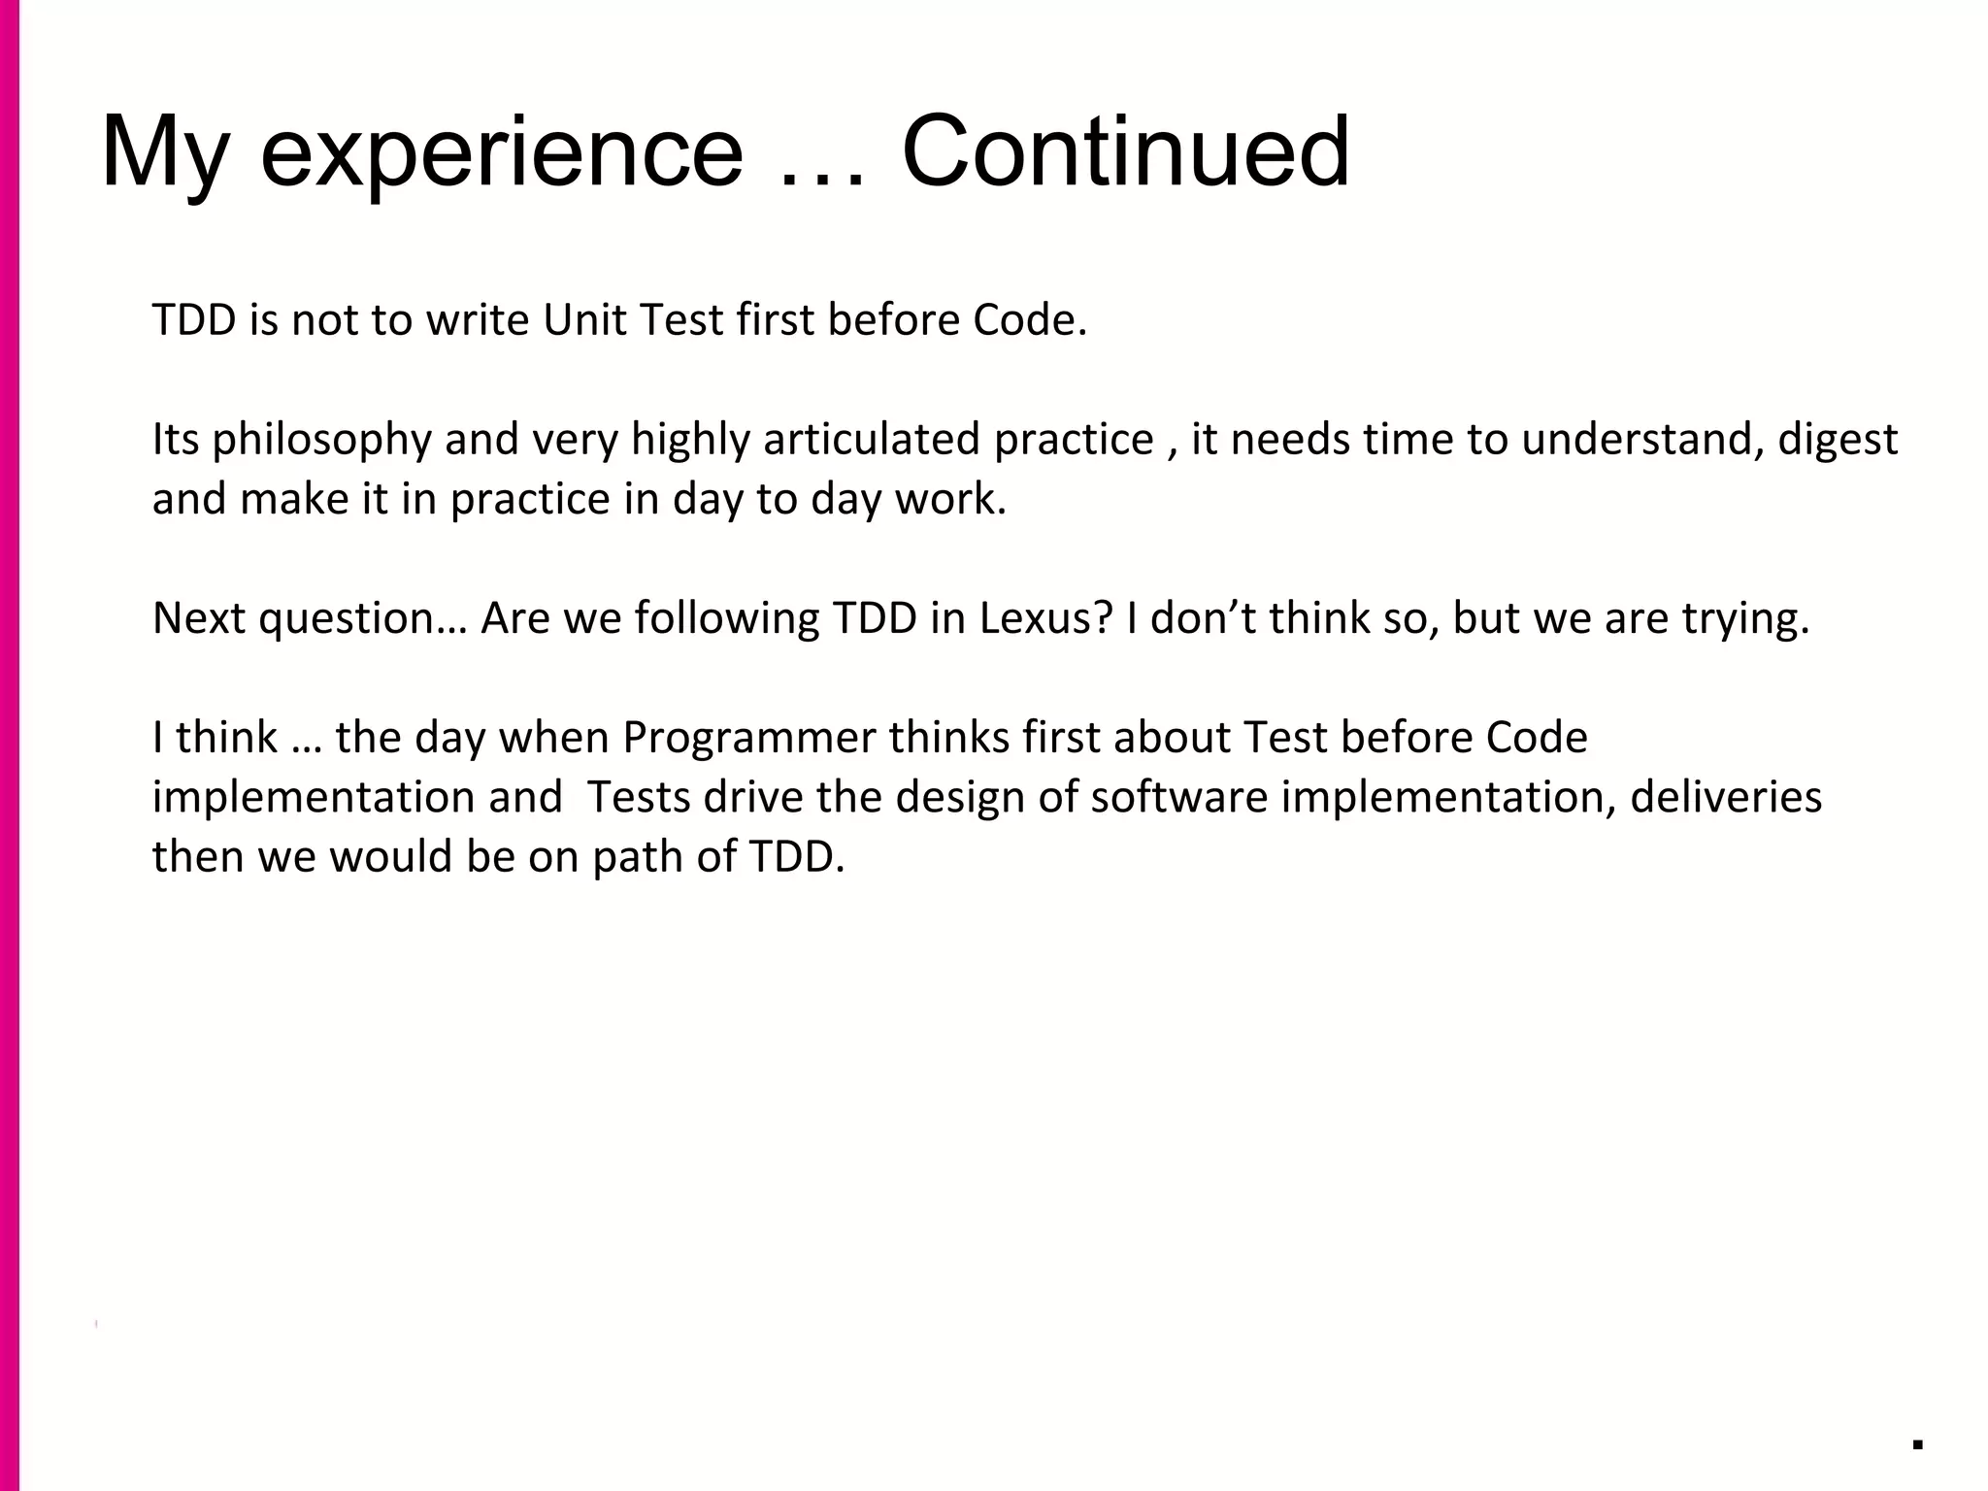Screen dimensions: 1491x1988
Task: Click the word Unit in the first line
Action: click(x=582, y=320)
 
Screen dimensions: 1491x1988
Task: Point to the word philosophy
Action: click(x=321, y=441)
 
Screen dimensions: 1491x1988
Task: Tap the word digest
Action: click(x=1838, y=441)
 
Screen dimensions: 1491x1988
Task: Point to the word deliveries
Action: click(x=1726, y=797)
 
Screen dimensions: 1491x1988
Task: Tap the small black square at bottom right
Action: click(x=1917, y=1443)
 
